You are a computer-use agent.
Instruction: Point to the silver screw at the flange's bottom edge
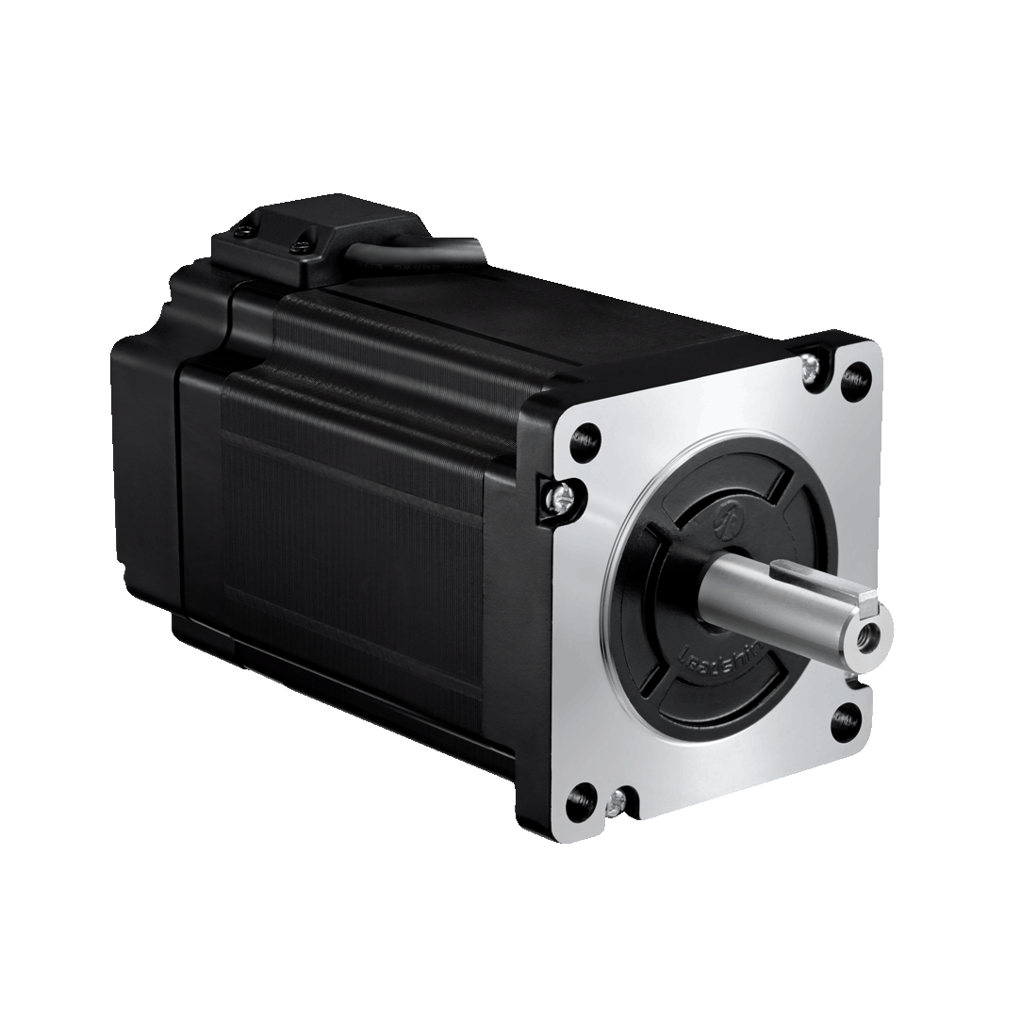[x=618, y=802]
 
